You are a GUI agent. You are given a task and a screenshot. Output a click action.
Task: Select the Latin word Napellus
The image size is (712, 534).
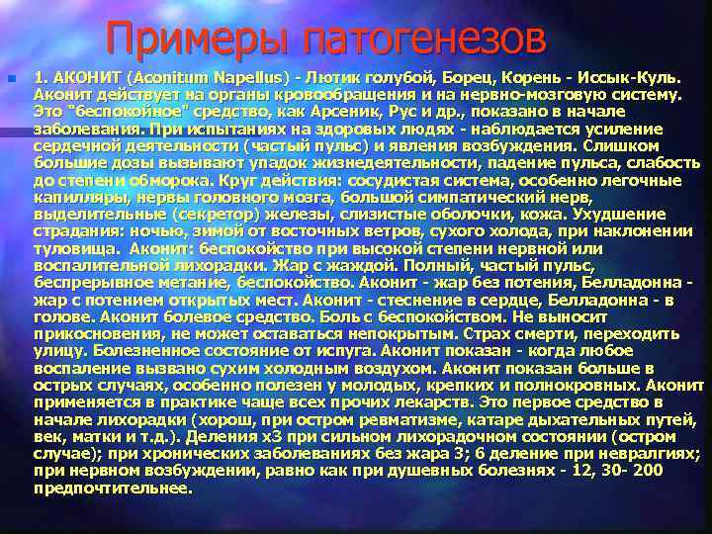point(242,75)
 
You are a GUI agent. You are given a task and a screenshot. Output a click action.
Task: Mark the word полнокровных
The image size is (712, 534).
point(563,386)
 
